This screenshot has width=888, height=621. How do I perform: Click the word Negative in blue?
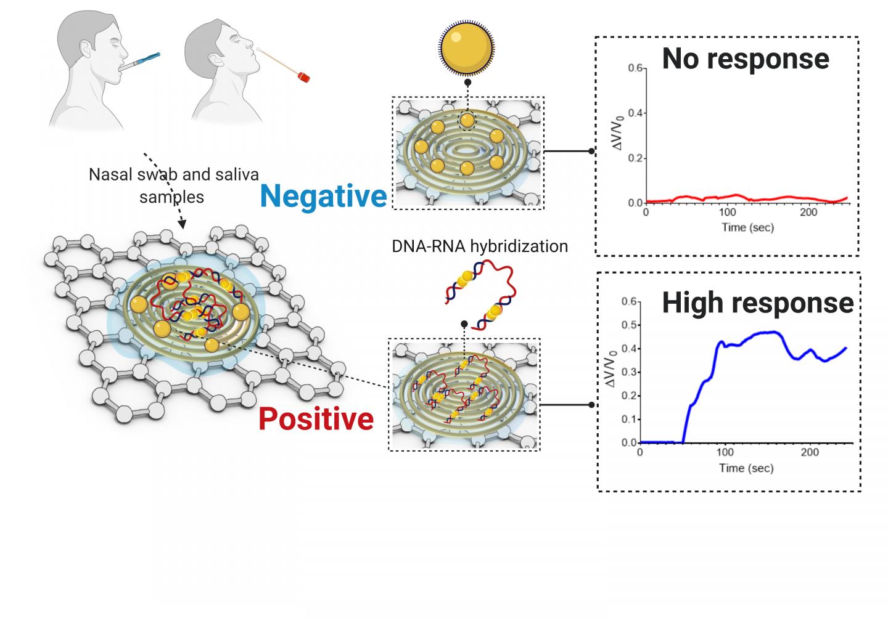coord(323,196)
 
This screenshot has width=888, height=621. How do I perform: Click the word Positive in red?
coord(316,419)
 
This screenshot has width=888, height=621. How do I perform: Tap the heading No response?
coord(745,59)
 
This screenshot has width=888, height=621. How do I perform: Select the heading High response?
coord(757,302)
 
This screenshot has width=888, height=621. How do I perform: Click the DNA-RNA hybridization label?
coord(480,246)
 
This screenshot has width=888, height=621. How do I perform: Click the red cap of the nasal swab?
coord(302,78)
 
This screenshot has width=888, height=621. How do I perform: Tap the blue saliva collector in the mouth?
coord(146,59)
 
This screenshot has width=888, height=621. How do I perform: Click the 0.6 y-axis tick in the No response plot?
coord(635,68)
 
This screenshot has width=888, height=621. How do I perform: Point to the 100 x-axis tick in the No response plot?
coord(728,213)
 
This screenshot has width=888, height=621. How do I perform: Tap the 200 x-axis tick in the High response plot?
coord(810,453)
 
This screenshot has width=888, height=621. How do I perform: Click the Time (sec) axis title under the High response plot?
coord(746,468)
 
